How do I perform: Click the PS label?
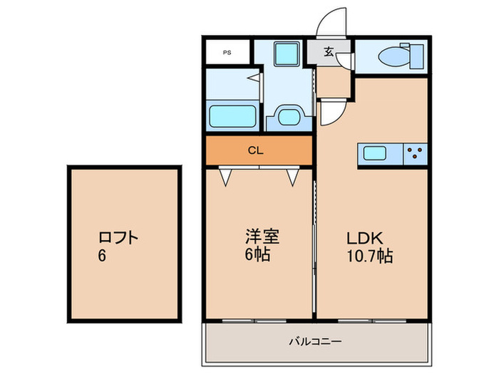(x=227, y=52)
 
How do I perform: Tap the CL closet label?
(x=254, y=150)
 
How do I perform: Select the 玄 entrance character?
(x=329, y=51)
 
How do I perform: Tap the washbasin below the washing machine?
(x=289, y=115)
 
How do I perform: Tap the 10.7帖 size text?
(x=371, y=255)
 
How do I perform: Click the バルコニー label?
(x=315, y=343)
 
